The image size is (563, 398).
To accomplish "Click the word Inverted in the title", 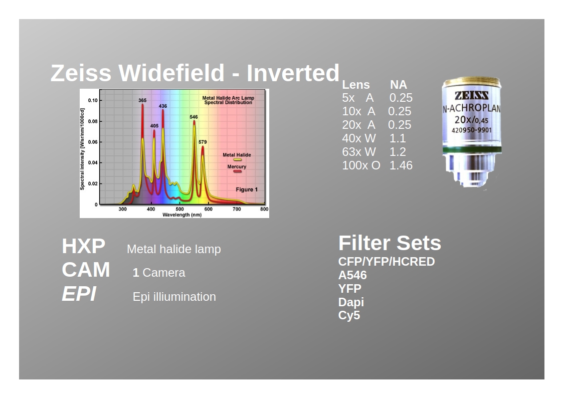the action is [x=293, y=73].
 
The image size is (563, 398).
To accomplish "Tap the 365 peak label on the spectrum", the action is [x=142, y=100].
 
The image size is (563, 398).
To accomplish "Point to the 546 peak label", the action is [x=194, y=117].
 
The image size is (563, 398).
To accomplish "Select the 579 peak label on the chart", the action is [x=203, y=142].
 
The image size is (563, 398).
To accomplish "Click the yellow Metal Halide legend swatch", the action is [x=237, y=160].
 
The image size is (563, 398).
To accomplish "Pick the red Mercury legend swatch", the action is [x=237, y=171].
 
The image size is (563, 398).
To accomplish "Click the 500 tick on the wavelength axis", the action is [x=179, y=209].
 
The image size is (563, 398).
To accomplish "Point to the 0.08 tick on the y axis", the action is [x=93, y=121].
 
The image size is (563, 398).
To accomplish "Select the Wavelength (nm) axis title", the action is [x=182, y=215].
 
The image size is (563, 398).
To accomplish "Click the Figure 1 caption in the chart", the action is [x=247, y=189].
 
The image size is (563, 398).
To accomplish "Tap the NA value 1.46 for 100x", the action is [x=401, y=165].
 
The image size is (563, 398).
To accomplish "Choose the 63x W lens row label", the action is [x=359, y=152].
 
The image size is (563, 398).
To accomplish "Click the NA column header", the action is [x=399, y=85].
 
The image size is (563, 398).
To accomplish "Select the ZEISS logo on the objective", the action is [x=471, y=95].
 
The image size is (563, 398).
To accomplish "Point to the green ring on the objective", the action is [x=472, y=150].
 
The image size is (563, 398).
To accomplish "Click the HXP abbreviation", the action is [x=84, y=246].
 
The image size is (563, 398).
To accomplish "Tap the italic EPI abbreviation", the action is [x=79, y=294].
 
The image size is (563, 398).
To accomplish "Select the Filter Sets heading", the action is [x=390, y=243].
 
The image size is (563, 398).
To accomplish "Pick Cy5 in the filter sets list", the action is [x=349, y=315].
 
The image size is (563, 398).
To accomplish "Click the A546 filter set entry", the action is [x=352, y=275].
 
